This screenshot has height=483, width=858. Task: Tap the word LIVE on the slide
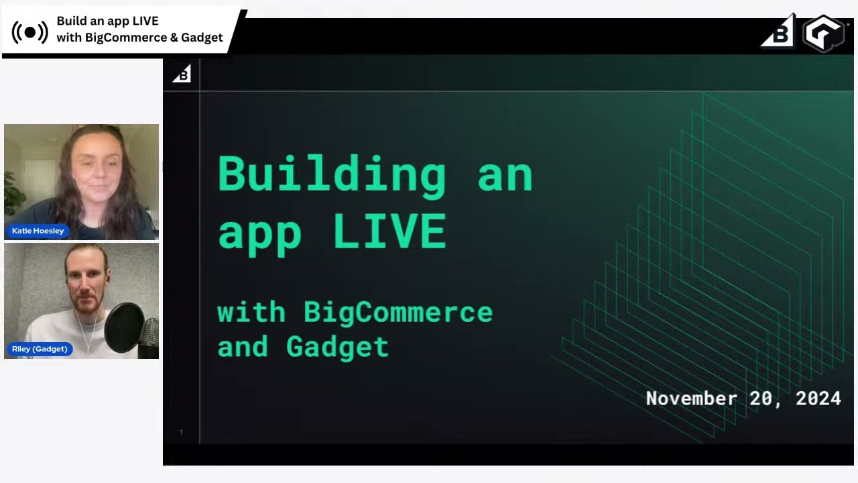click(x=389, y=232)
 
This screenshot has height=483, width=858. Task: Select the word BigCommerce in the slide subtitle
click(x=398, y=313)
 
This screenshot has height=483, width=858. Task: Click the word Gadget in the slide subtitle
click(x=337, y=347)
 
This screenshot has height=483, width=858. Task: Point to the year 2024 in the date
click(x=818, y=398)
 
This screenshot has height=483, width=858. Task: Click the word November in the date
click(x=690, y=398)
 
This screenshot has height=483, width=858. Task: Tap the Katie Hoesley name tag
click(x=38, y=231)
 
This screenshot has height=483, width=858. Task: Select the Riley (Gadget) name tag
click(x=40, y=349)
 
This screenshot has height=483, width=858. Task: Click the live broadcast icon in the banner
click(x=30, y=32)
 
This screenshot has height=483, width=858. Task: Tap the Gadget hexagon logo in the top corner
click(x=824, y=33)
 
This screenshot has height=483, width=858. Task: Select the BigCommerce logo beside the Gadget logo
click(x=779, y=34)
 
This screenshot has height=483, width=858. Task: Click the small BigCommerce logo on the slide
click(x=182, y=74)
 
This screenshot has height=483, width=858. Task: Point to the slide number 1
click(x=181, y=433)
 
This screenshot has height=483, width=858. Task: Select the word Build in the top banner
click(x=71, y=21)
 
